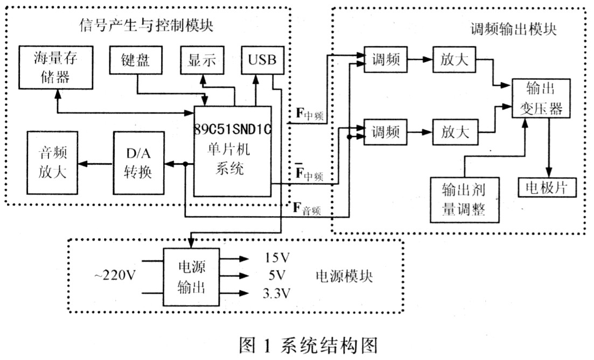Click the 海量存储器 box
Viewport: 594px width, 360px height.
[55, 68]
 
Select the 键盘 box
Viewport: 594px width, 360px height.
[136, 60]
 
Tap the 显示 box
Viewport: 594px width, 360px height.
[202, 60]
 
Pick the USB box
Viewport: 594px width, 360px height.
[262, 60]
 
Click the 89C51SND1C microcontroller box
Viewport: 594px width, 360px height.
[233, 151]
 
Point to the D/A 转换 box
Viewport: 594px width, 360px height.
[138, 163]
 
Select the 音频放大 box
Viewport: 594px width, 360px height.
[52, 163]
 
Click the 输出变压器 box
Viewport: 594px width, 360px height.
[541, 98]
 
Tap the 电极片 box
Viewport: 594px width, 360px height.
[547, 187]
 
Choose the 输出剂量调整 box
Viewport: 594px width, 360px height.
[464, 200]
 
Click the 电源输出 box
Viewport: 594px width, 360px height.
[191, 277]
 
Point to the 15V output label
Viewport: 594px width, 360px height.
[277, 258]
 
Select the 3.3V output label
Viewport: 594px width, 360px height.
[277, 293]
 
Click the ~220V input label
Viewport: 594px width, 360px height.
[115, 275]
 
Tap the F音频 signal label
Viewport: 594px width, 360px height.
[307, 209]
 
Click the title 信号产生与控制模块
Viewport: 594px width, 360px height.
[146, 25]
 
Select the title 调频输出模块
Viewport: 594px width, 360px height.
[513, 29]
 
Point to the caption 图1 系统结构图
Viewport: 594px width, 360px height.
[309, 345]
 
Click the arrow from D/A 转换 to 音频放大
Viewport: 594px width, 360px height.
[96, 164]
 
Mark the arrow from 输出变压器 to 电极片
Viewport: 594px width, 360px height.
[549, 147]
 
